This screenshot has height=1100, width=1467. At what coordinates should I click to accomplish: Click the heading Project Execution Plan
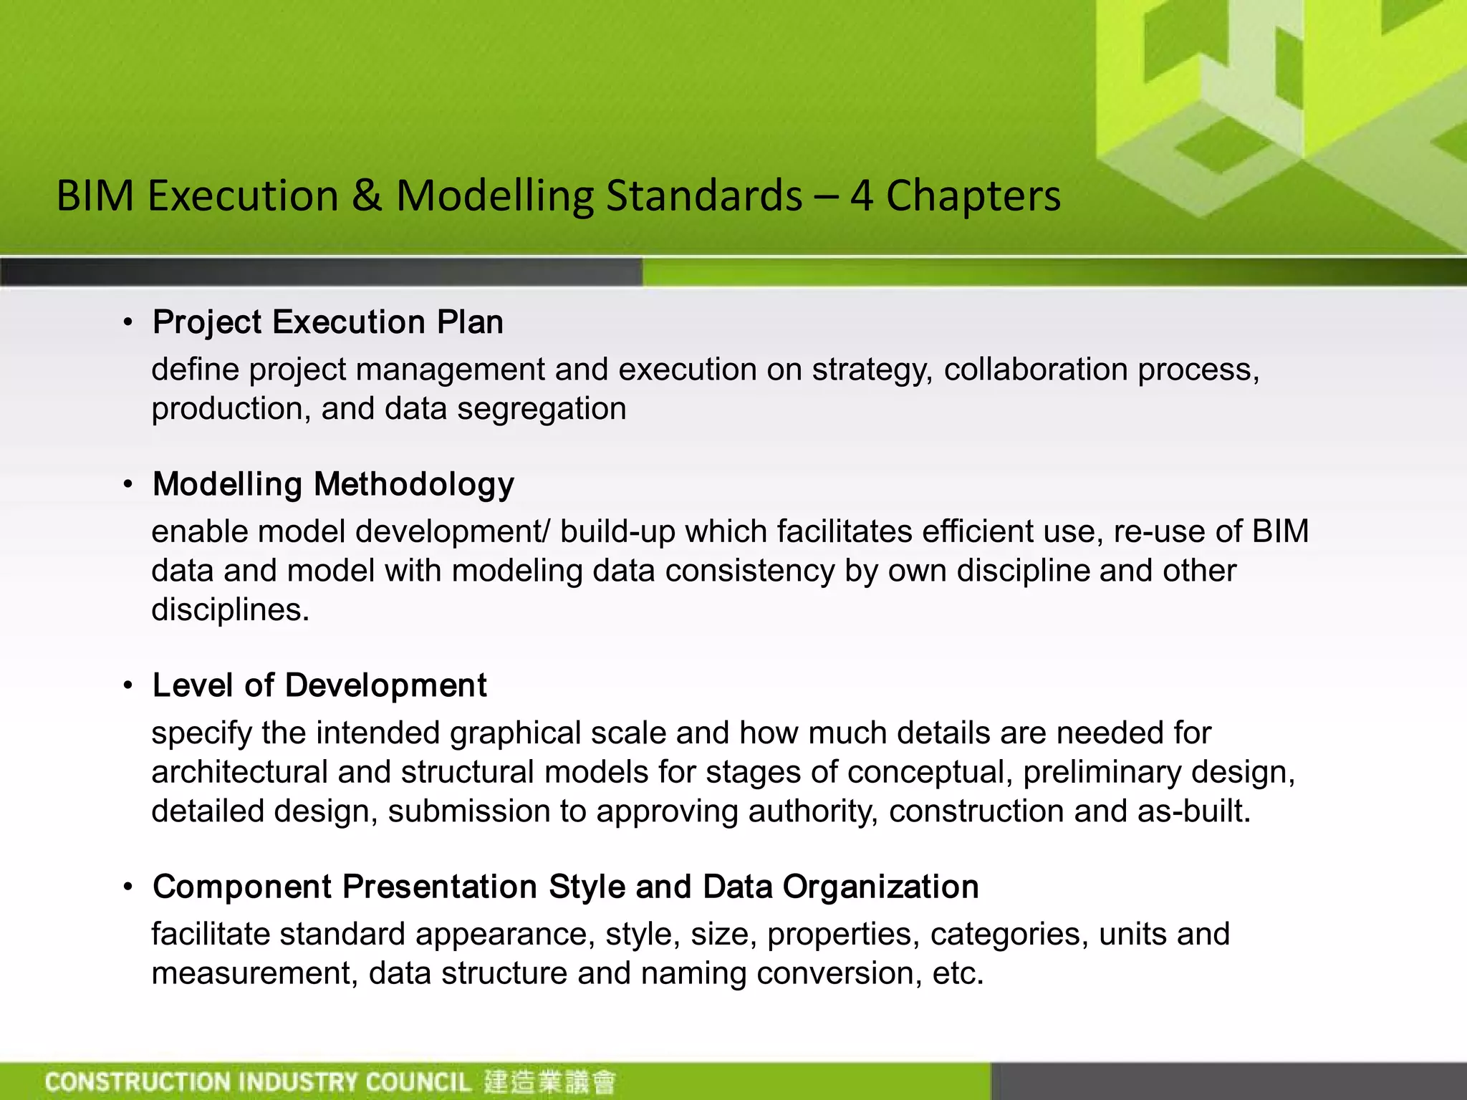tap(327, 322)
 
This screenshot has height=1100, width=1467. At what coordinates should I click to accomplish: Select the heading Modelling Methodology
tap(333, 484)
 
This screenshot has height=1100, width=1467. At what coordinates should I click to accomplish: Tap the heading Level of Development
tap(319, 685)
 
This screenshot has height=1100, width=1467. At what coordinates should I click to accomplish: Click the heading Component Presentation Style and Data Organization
tap(565, 887)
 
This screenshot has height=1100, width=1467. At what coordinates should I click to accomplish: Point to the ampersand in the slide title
tap(367, 196)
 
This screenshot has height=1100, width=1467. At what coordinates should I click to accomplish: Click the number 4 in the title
tap(862, 196)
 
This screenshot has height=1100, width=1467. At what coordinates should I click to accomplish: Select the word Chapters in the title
tap(973, 196)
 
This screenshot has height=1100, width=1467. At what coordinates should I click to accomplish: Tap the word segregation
tap(542, 409)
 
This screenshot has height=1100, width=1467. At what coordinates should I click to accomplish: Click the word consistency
tap(749, 571)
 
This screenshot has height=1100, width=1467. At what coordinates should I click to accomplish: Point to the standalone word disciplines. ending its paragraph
tap(230, 610)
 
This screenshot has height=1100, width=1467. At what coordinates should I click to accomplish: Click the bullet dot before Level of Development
tap(128, 686)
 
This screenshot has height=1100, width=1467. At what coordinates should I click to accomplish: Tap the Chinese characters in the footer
tap(549, 1081)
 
